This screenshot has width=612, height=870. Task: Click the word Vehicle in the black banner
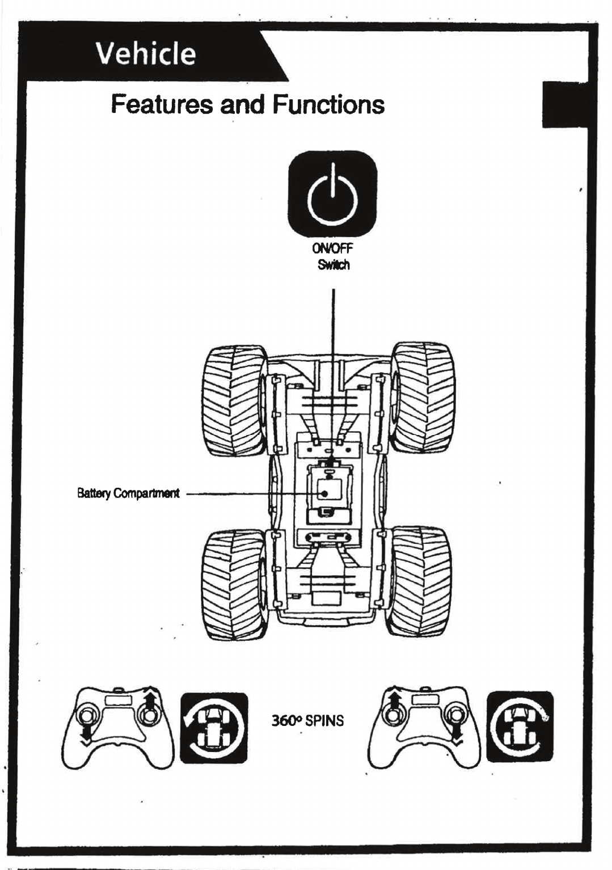[146, 54]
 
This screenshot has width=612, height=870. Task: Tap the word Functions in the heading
[328, 104]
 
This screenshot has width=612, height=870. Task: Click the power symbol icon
[332, 193]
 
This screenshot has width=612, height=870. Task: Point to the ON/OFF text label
[332, 248]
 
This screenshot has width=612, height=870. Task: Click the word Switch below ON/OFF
[334, 265]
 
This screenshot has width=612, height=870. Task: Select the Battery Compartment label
[128, 493]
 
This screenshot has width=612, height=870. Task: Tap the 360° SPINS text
[307, 721]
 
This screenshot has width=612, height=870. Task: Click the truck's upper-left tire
[234, 400]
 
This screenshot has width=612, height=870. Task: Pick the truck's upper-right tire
[423, 396]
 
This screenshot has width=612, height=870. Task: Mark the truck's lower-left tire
[234, 584]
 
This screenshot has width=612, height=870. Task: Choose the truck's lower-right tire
[420, 581]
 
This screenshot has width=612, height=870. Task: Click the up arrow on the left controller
[150, 699]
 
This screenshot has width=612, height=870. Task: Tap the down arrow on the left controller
[85, 734]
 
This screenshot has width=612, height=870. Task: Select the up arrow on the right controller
[395, 699]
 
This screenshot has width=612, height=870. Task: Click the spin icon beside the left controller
[214, 728]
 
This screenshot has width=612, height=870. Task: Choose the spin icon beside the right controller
[520, 727]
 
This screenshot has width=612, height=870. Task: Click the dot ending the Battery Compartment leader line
[324, 493]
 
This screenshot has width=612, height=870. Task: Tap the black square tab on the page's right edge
[564, 104]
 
